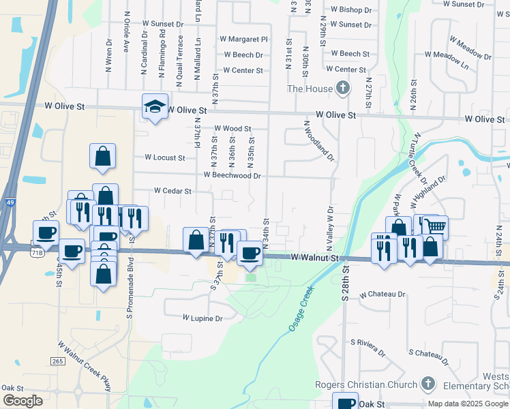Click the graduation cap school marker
(x=155, y=106)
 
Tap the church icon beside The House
(x=343, y=88)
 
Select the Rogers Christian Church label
(x=366, y=384)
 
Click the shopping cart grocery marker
(x=435, y=226)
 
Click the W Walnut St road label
(x=314, y=258)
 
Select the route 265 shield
(x=58, y=360)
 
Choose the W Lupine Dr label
(x=202, y=318)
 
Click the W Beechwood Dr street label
(x=232, y=175)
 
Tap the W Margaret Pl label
(x=243, y=40)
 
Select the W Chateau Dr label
(x=382, y=294)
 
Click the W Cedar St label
(x=172, y=192)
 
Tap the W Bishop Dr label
(x=350, y=10)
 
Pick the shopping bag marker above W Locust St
(x=102, y=156)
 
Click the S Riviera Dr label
(x=367, y=346)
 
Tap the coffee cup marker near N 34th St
(x=250, y=254)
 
